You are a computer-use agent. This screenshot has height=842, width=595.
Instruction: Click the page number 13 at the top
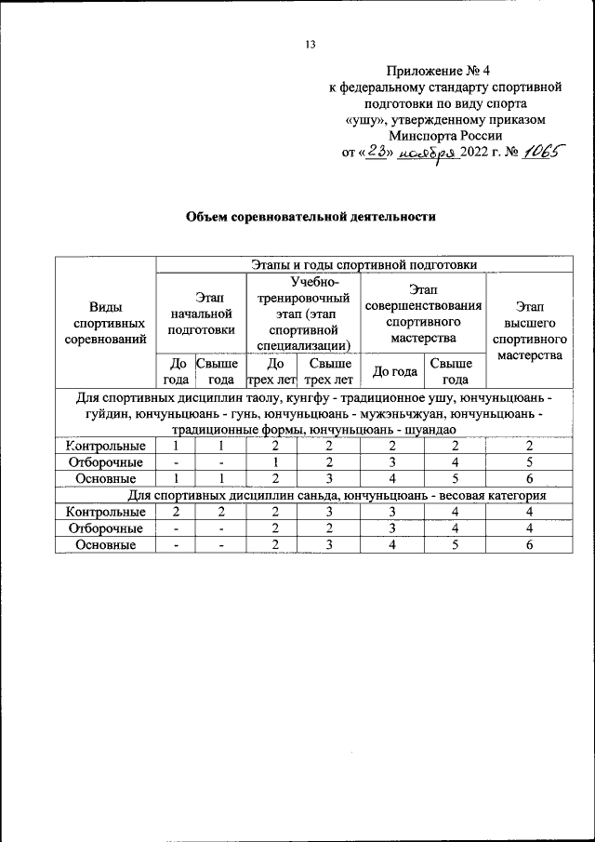tap(311, 45)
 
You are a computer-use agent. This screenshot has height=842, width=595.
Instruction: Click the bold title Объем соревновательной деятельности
tap(311, 217)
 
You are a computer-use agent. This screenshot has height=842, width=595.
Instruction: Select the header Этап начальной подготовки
tap(201, 312)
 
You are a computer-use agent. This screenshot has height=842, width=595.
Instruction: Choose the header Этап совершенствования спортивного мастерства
tap(424, 314)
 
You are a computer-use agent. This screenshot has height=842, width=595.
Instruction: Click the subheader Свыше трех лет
tap(329, 371)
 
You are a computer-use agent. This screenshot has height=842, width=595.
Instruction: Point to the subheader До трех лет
tap(271, 371)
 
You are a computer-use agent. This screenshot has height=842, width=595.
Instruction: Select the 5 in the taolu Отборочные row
tap(528, 461)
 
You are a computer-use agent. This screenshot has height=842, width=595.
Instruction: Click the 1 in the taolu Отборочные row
tap(275, 461)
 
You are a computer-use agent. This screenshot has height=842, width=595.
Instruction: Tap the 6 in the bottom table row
tap(528, 545)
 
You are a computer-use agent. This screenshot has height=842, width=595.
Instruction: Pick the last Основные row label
tap(105, 545)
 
